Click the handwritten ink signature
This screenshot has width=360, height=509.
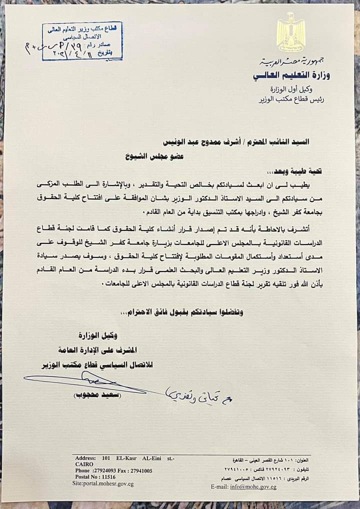95,382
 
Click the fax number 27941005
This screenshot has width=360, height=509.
140,470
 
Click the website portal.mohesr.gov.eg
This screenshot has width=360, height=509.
103,484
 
